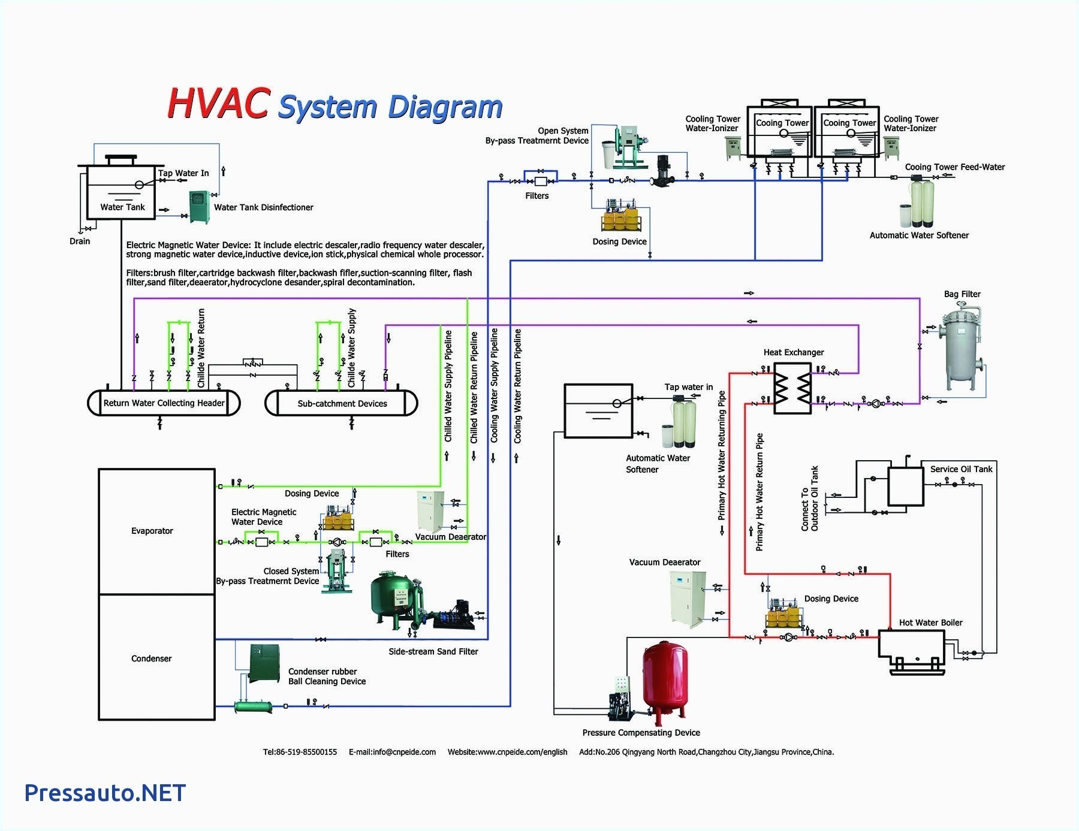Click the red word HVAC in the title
(217, 104)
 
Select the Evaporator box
(156, 531)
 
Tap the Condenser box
(156, 658)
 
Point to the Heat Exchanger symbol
(792, 388)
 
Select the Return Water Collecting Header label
(164, 403)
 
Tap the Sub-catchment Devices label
(342, 403)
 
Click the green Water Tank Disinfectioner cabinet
(199, 207)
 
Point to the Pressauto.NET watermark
(105, 793)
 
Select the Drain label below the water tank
(80, 241)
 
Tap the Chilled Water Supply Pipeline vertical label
(448, 386)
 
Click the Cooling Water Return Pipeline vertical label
(517, 386)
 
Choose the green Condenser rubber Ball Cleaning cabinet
(264, 663)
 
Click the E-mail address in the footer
(392, 752)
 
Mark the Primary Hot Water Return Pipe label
(759, 491)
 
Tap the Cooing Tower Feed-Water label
(954, 167)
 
